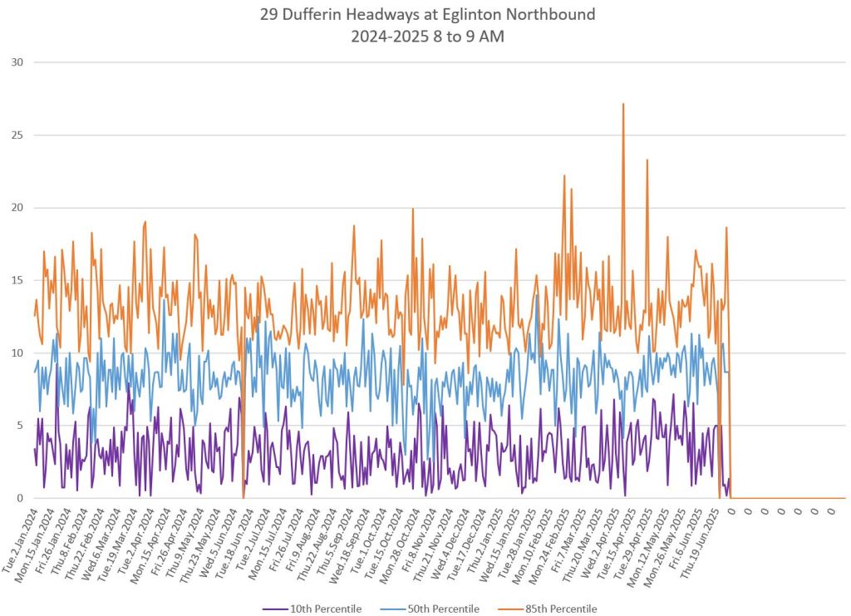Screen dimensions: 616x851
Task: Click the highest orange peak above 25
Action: point(623,105)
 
